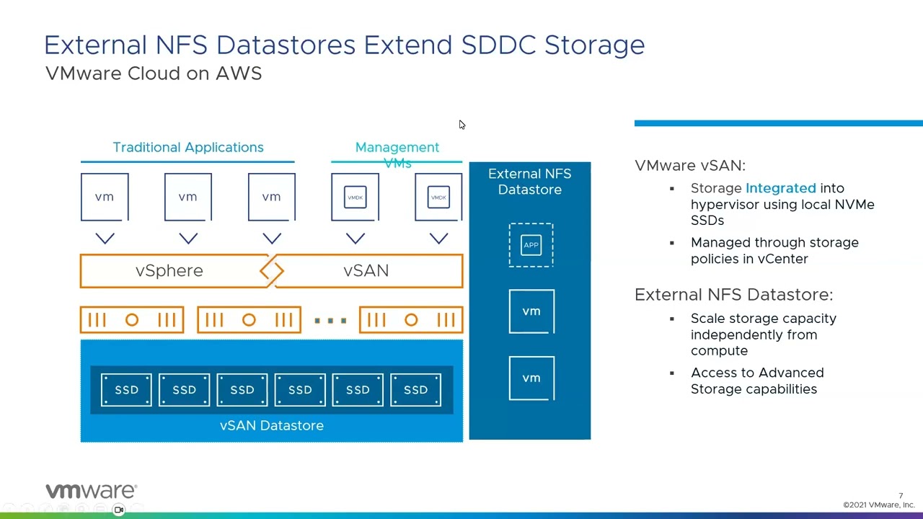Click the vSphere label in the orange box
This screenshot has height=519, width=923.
pyautogui.click(x=169, y=270)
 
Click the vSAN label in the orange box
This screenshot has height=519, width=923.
pyautogui.click(x=366, y=270)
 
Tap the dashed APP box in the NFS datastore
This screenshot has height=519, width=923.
pyautogui.click(x=531, y=245)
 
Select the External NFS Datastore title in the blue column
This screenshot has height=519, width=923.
pyautogui.click(x=529, y=182)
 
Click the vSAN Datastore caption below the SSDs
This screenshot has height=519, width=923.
pyautogui.click(x=271, y=425)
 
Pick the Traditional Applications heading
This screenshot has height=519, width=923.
pyautogui.click(x=188, y=147)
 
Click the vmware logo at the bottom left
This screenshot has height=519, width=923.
pyautogui.click(x=91, y=491)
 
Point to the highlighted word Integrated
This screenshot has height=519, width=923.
pyautogui.click(x=780, y=188)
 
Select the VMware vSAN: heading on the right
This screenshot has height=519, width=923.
pyautogui.click(x=690, y=165)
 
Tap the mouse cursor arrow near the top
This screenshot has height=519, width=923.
pyautogui.click(x=461, y=125)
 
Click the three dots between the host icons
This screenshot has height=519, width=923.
pyautogui.click(x=330, y=320)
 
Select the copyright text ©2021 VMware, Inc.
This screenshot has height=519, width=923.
pyautogui.click(x=878, y=505)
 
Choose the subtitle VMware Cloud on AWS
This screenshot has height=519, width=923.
pyautogui.click(x=154, y=74)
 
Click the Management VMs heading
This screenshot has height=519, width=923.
pyautogui.click(x=397, y=154)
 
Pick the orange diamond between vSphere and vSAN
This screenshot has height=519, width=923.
pyautogui.click(x=272, y=271)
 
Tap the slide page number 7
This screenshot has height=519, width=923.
pyautogui.click(x=901, y=495)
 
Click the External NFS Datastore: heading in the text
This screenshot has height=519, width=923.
pyautogui.click(x=733, y=294)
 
